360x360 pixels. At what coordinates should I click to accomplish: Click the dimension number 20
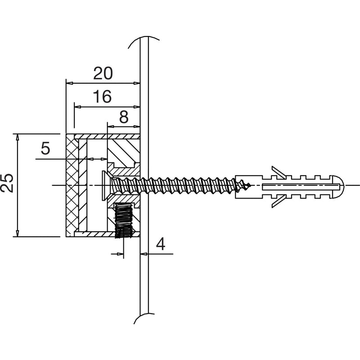tap(103, 73)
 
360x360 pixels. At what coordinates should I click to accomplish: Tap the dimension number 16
tap(103, 96)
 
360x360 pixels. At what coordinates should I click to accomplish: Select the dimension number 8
tap(124, 117)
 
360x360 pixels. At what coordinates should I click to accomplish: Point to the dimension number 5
tap(45, 148)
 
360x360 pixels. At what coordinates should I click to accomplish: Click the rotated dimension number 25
tap(7, 183)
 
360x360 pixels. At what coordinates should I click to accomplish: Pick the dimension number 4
tap(161, 244)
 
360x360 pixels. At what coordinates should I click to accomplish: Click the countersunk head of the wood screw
tap(104, 185)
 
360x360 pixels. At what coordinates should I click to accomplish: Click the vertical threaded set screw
tap(123, 221)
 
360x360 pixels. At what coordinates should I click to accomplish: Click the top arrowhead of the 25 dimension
tap(17, 137)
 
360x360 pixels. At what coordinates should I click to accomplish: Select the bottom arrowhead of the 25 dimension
tap(17, 234)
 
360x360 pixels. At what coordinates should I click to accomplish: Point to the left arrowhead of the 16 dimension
tap(78, 107)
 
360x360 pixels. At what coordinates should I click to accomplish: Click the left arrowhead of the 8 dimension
tap(111, 126)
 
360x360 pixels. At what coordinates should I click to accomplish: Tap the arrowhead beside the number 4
tap(144, 254)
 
